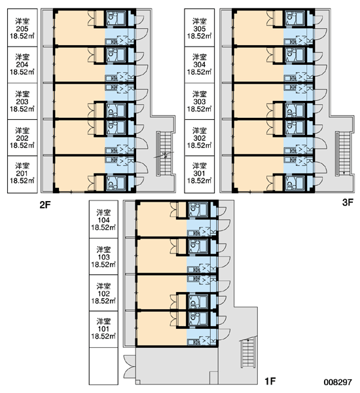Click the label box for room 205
tap(22, 28)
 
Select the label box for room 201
tap(22, 174)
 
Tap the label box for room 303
tap(200, 102)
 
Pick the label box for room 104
tap(103, 219)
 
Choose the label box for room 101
tap(103, 329)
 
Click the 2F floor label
tap(45, 205)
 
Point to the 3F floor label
tap(348, 202)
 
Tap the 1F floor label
tap(270, 381)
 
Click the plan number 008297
tap(338, 382)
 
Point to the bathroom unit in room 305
tap(295, 18)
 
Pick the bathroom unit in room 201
tap(117, 183)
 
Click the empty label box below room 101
tap(103, 366)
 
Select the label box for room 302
tap(200, 138)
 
